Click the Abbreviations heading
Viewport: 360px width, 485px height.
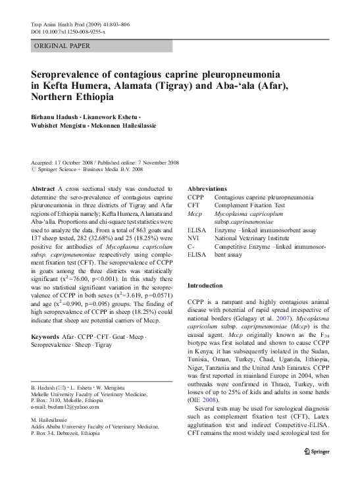(209, 188)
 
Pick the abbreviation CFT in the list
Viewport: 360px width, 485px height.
(194, 205)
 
